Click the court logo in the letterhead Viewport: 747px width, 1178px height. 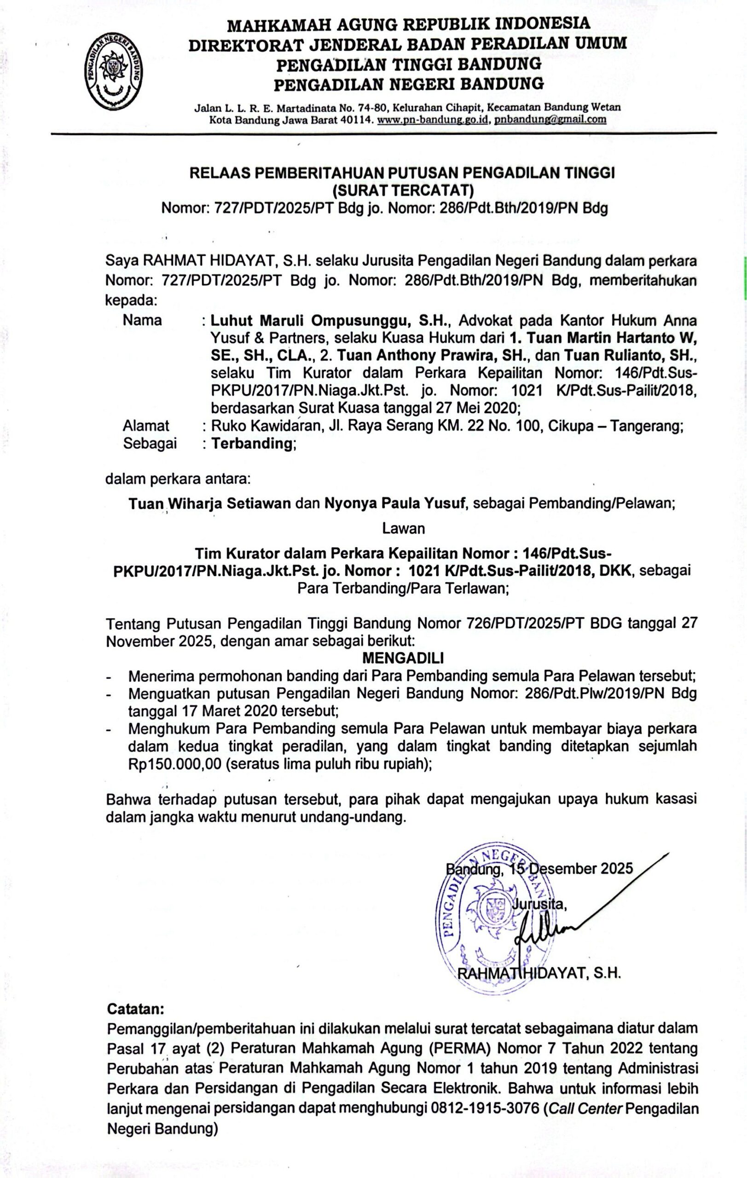click(x=114, y=72)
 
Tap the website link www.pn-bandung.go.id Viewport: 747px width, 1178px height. click(x=434, y=119)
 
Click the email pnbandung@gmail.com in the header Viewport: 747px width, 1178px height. click(x=550, y=119)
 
